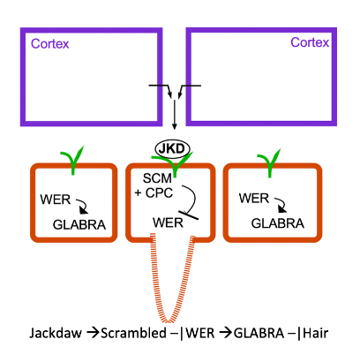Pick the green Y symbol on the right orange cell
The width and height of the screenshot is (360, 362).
tap(266, 160)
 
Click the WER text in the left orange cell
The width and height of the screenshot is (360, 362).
tap(55, 196)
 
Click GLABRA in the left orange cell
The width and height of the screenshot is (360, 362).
tap(80, 223)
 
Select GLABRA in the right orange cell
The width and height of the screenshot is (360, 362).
tap(276, 223)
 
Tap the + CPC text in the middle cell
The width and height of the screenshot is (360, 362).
tap(158, 192)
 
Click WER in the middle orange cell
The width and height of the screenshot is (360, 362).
tap(167, 221)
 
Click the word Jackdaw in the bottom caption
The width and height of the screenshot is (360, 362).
tap(56, 336)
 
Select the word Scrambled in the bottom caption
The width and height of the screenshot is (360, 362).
tap(135, 336)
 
